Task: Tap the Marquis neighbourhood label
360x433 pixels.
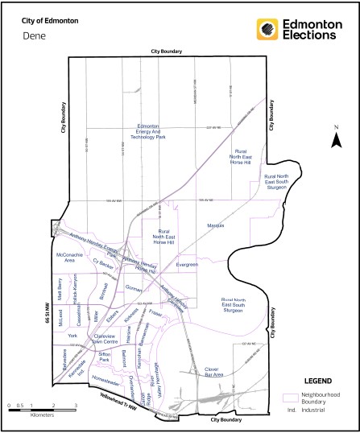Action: pos(214,225)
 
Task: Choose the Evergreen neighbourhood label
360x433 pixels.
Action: pos(186,264)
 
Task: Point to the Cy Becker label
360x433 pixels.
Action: pos(105,262)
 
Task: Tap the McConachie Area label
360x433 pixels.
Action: pos(64,258)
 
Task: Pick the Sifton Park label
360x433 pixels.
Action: pos(103,356)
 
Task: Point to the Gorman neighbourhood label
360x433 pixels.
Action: pos(134,287)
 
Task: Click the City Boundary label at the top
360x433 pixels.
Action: pos(166,51)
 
